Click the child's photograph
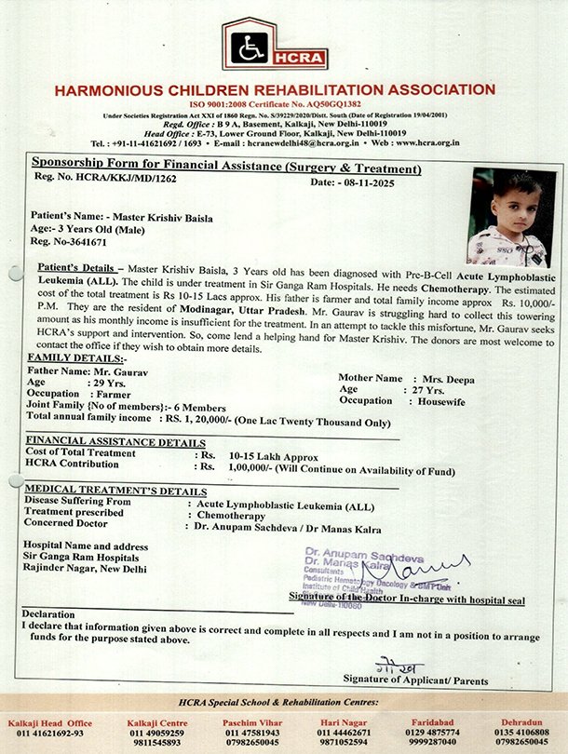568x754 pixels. tap(507, 217)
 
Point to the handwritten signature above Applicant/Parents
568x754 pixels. tap(406, 667)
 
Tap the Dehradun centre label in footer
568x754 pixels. tap(521, 722)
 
